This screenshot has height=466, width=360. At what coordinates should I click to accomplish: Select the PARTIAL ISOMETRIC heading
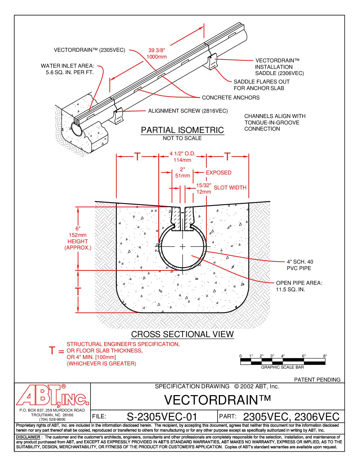point(182,130)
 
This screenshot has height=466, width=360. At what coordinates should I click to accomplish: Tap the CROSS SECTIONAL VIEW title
point(182,334)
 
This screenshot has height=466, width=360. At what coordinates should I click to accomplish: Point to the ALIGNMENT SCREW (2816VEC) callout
point(188,111)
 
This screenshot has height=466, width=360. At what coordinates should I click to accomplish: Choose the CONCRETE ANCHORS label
point(231,98)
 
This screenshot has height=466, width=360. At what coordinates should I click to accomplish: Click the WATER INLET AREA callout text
point(68,69)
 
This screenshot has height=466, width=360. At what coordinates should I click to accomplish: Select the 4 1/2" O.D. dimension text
point(182,154)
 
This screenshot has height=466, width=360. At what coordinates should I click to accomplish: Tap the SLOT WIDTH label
point(230,188)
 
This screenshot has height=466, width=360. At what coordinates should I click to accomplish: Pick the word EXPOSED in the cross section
point(219,173)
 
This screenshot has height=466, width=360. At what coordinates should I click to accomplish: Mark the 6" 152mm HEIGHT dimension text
point(78,238)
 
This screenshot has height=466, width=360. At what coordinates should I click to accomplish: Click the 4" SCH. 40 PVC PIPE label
point(300,265)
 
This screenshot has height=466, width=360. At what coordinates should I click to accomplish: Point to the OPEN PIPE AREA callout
point(299,286)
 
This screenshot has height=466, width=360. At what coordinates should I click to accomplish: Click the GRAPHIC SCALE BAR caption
point(282,367)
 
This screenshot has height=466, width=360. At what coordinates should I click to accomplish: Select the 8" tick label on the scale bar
point(325,356)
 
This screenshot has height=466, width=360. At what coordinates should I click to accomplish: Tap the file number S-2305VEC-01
point(162,417)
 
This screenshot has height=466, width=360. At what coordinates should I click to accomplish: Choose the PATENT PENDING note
point(317,380)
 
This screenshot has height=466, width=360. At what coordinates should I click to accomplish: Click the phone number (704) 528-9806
point(52,420)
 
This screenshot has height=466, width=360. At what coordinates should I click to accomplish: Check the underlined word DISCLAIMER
point(28,437)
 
